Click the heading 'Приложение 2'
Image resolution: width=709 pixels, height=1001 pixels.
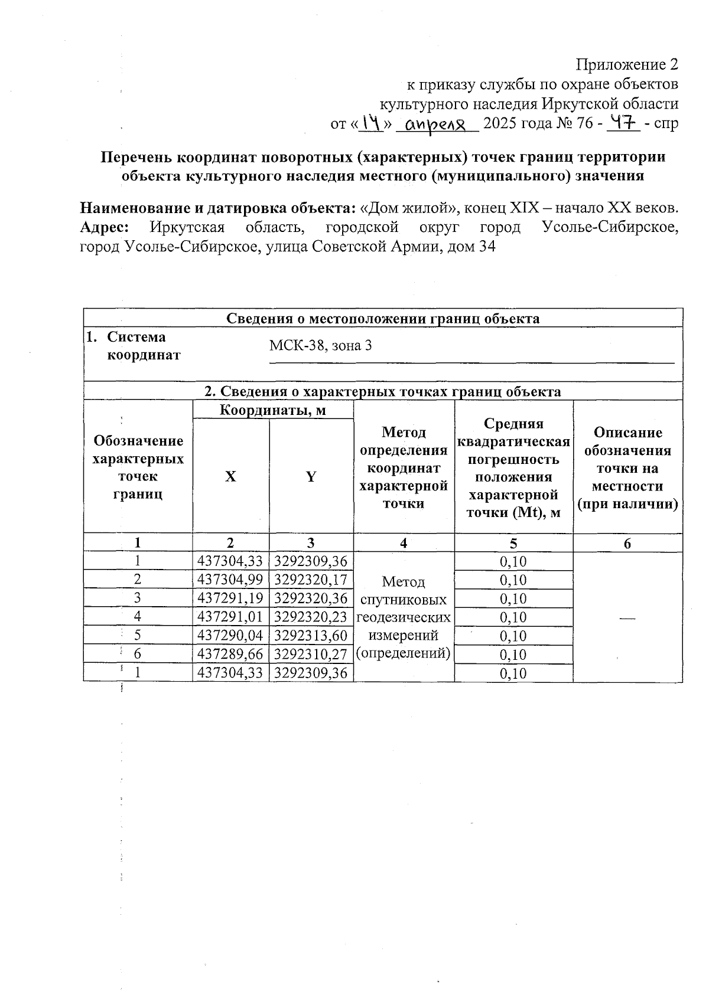627,64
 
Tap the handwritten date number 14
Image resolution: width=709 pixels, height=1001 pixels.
370,123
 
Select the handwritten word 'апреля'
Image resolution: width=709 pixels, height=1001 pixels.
437,125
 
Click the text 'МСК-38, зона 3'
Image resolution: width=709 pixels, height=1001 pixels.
320,345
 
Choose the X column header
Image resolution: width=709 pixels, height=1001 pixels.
230,476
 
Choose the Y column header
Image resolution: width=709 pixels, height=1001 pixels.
311,476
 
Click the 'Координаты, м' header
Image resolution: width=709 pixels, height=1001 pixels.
272,410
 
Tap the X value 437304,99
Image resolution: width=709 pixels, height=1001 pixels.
230,580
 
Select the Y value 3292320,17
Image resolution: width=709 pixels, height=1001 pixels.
311,580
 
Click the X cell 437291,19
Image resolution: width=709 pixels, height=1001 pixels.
230,598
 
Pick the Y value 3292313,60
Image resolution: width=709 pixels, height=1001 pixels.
311,636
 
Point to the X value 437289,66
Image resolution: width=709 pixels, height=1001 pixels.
230,654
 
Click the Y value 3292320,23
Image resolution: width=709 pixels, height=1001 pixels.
311,617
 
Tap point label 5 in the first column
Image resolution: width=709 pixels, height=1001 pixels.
137,636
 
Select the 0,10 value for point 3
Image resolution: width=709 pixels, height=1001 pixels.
513,598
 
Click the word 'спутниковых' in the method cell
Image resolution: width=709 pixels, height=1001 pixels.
404,600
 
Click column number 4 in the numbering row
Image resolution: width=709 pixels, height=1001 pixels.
404,543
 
